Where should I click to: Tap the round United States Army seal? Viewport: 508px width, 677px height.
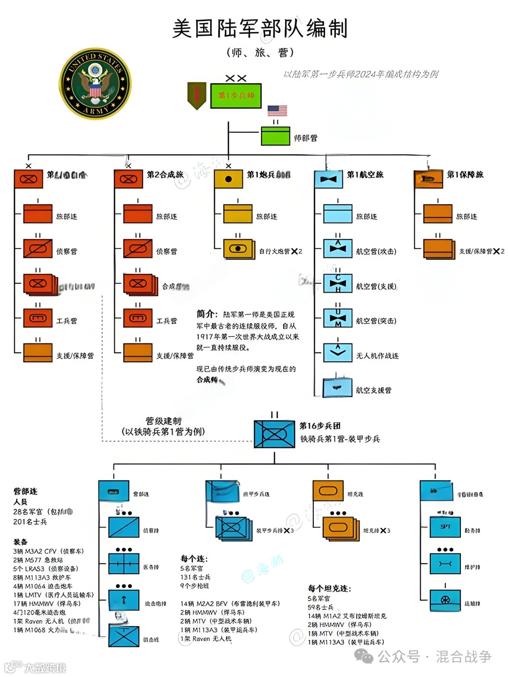[x=95, y=84]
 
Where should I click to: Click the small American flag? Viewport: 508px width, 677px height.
[x=277, y=111]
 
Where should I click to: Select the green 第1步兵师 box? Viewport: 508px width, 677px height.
[x=236, y=96]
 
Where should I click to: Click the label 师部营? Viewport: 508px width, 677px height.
[x=305, y=138]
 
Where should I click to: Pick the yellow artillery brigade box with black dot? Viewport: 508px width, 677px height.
[x=229, y=179]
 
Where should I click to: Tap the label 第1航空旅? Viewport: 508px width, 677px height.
[x=365, y=175]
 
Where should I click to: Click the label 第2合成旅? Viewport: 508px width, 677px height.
[x=165, y=175]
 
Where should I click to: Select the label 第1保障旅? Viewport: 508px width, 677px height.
[x=465, y=175]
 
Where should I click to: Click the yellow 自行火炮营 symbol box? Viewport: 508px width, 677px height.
[x=238, y=248]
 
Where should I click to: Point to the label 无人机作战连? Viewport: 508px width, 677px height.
[x=377, y=356]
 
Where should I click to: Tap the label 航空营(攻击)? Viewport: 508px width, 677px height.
[x=376, y=251]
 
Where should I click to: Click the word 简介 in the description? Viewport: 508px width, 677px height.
[x=206, y=314]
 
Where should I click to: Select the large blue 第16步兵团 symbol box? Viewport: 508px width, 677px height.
[x=274, y=433]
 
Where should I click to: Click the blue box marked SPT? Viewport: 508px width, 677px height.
[x=445, y=527]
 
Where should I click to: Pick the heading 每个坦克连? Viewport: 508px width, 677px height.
[x=329, y=589]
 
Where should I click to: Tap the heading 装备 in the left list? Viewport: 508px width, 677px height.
[x=20, y=542]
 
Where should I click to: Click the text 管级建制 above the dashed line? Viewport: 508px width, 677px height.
[x=163, y=421]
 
